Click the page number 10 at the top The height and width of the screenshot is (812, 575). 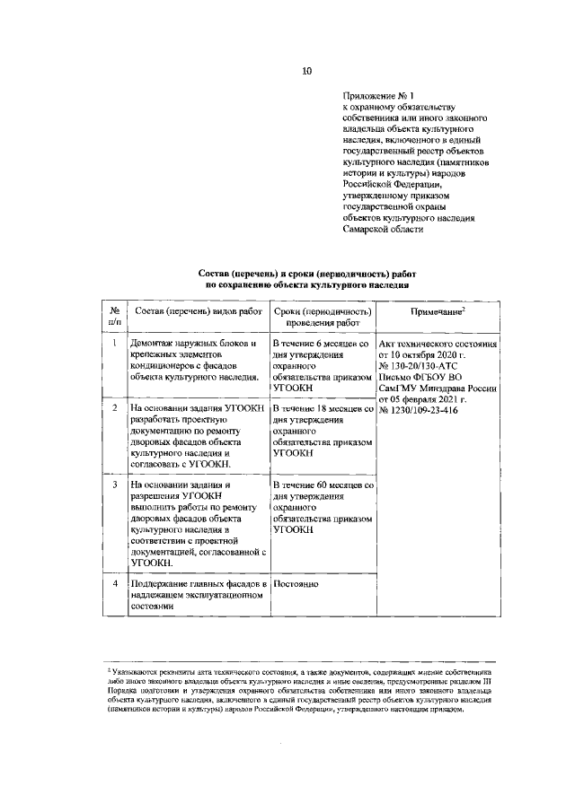(306, 71)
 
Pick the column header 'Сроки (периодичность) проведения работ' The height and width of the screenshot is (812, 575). (322, 317)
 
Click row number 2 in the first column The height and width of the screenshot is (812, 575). (114, 408)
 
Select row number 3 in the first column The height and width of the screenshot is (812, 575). (114, 485)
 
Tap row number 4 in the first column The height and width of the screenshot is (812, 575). (114, 584)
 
